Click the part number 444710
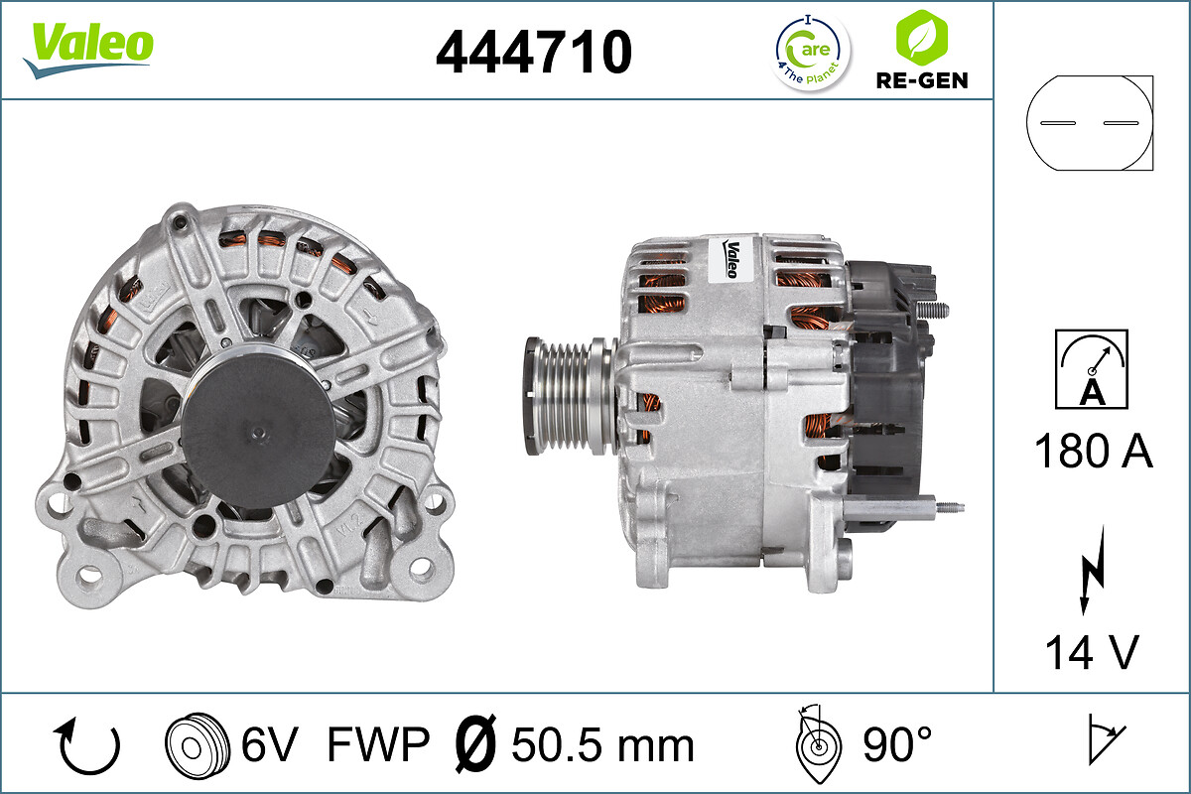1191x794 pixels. click(x=534, y=52)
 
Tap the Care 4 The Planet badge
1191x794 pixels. click(x=812, y=52)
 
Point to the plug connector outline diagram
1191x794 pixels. click(x=1091, y=122)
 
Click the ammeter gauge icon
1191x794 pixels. click(x=1092, y=368)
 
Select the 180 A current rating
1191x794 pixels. click(x=1093, y=452)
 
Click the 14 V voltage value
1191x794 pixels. click(x=1092, y=652)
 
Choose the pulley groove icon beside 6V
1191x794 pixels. click(x=191, y=743)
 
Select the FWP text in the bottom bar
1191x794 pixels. click(x=377, y=743)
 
